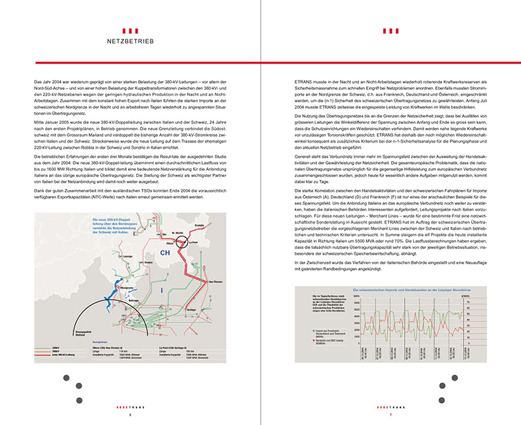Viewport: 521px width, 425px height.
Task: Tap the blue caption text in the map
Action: pos(118,225)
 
